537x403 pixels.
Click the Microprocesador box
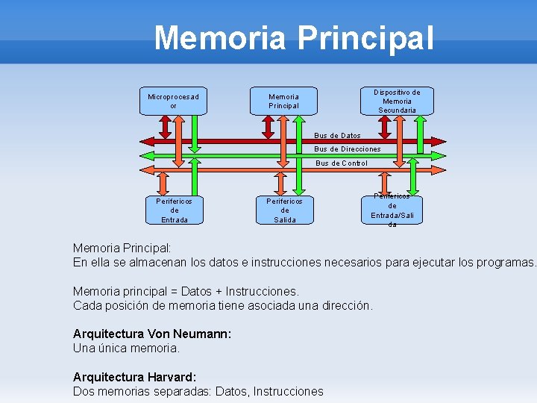click(174, 101)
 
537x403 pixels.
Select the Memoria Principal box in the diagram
click(283, 101)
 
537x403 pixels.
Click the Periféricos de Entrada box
click(174, 210)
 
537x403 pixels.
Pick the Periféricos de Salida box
click(284, 210)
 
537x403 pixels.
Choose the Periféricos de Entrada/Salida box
click(392, 210)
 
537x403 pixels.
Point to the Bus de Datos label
click(337, 136)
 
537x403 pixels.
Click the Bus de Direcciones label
click(348, 149)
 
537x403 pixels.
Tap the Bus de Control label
click(341, 163)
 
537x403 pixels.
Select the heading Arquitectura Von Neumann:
click(152, 334)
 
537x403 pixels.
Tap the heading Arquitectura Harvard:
click(134, 377)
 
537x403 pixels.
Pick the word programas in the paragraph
click(506, 262)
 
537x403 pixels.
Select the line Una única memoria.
click(126, 348)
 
